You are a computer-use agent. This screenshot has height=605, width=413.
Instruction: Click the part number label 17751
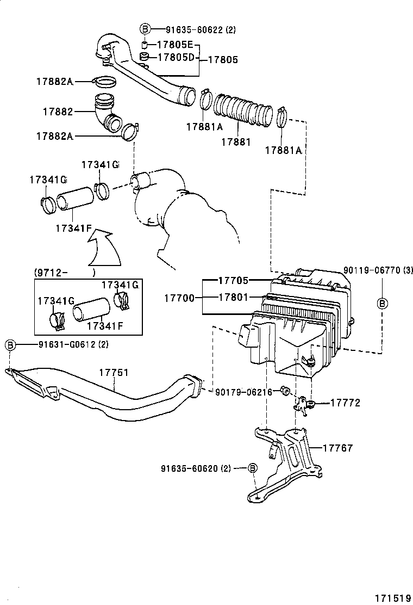point(114,373)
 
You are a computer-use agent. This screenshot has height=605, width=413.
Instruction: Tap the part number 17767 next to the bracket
point(337,448)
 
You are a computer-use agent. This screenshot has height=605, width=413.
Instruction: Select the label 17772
point(345,403)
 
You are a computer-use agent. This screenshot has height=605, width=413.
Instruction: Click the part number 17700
point(179,298)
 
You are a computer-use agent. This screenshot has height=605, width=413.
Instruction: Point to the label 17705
point(233,281)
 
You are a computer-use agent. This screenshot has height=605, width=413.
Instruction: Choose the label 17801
point(233,298)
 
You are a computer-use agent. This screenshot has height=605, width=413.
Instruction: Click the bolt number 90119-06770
point(371,269)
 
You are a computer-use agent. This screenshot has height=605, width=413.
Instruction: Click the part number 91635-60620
point(188,468)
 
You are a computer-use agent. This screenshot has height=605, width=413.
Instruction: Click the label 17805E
point(175,45)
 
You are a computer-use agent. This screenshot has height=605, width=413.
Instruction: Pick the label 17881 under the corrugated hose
point(236,142)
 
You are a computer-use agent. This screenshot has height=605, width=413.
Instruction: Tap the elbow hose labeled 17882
point(107,113)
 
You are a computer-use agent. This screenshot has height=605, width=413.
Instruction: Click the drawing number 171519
point(391,596)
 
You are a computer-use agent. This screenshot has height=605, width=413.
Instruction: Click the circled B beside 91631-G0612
point(10,345)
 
